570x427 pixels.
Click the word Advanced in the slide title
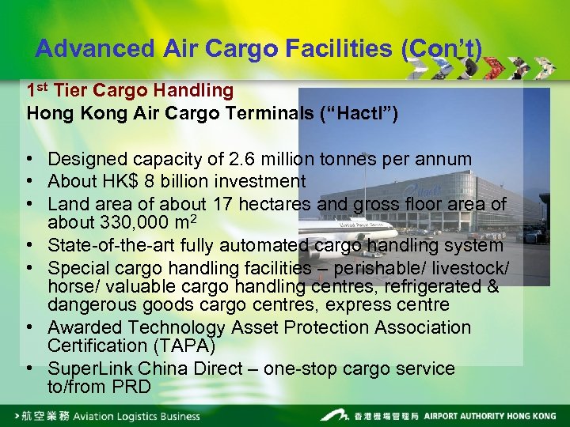pos(95,48)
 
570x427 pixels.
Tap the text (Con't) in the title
pos(441,48)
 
